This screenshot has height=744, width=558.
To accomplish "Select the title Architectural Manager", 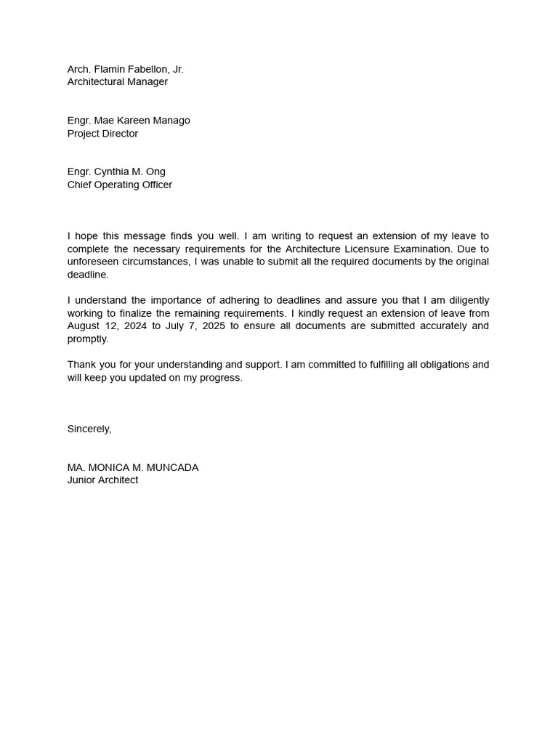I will tap(117, 82).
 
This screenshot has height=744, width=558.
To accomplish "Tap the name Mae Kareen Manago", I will tap(142, 121).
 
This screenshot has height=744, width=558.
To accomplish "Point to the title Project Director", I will tap(102, 134).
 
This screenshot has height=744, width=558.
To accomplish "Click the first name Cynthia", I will tap(111, 172).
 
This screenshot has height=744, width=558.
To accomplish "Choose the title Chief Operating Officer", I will tap(120, 185).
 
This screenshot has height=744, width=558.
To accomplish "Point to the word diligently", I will tap(465, 301).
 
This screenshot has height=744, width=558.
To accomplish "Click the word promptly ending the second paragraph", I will tap(87, 339).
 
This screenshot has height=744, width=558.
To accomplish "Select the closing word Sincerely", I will tap(89, 429).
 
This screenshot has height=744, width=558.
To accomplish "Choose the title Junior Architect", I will tap(102, 480).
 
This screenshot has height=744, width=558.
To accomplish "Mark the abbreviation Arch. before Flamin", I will tap(78, 69).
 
